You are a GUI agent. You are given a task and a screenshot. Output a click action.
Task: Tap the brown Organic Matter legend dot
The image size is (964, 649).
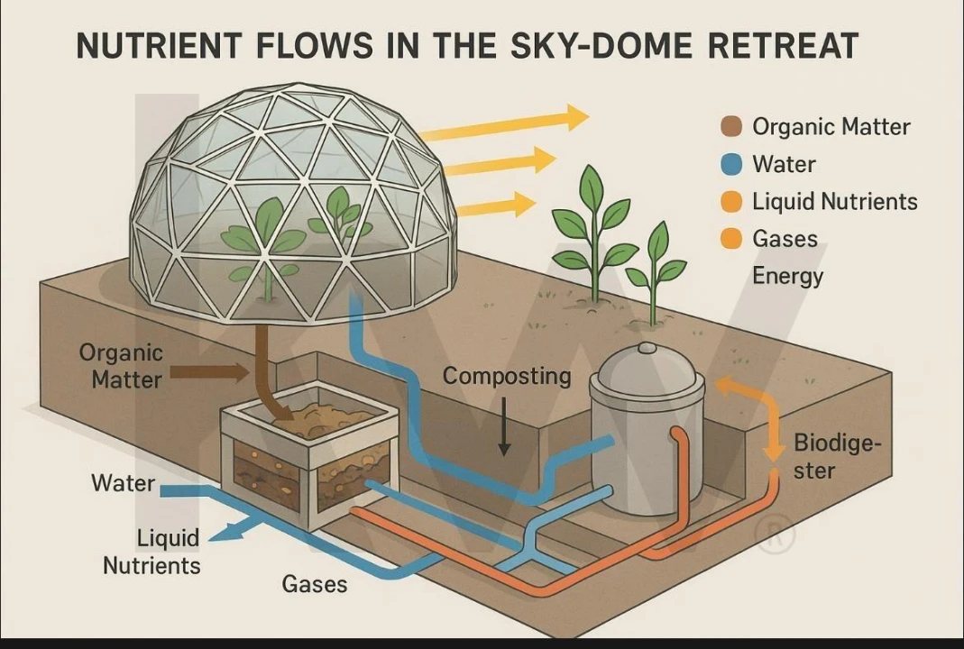tap(731, 127)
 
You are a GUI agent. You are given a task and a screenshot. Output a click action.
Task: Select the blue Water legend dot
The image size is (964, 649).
tap(731, 165)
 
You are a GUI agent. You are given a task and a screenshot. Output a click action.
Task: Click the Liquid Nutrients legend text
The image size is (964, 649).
tap(834, 202)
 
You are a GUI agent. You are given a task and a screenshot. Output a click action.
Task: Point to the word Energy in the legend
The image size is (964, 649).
tap(787, 276)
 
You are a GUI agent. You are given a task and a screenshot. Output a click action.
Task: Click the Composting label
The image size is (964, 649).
tap(507, 376)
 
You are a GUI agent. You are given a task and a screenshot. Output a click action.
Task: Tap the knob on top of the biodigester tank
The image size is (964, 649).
tap(647, 348)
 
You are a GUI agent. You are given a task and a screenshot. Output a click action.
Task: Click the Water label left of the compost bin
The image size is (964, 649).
tap(123, 483)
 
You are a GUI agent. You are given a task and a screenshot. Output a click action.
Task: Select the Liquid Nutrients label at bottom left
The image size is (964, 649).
tap(152, 552)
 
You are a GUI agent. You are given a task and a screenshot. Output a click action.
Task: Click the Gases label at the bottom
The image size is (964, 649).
tap(315, 584)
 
